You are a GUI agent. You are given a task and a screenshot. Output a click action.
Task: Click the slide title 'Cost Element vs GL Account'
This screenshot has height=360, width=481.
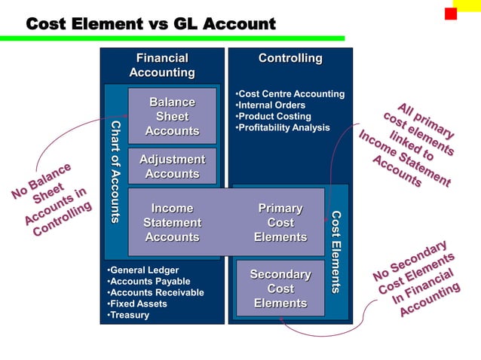[151, 25]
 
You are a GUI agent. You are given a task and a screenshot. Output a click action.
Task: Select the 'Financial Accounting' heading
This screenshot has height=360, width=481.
[162, 66]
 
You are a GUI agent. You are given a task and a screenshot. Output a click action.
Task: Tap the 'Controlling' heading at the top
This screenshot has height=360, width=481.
[290, 59]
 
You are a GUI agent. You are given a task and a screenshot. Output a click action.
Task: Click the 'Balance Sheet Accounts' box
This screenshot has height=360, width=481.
[172, 117]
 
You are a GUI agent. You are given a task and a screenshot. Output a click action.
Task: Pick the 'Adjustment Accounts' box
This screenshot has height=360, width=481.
[172, 166]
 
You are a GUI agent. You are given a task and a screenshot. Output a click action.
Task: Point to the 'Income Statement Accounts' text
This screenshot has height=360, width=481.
[172, 223]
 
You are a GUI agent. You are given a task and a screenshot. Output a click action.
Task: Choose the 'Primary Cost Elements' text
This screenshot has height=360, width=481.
[280, 223]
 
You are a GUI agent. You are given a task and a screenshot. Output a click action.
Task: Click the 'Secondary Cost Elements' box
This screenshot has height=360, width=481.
[280, 288]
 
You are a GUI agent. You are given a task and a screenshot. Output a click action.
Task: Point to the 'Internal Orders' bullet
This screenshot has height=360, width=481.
[271, 105]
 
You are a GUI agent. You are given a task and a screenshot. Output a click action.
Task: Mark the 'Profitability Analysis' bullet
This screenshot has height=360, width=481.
[283, 128]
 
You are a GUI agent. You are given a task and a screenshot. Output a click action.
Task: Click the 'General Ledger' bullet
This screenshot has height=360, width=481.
[143, 270]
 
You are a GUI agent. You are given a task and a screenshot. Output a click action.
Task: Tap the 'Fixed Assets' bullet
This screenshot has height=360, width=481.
[137, 304]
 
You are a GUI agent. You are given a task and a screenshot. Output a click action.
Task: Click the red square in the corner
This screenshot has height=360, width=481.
[451, 14]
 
